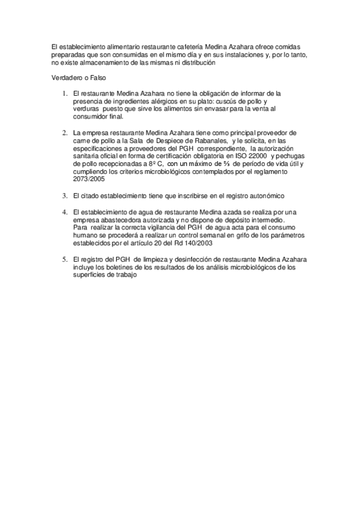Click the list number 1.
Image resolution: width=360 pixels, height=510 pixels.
click(x=65, y=94)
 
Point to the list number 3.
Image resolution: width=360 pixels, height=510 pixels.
click(x=65, y=195)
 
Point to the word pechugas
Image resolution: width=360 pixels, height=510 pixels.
click(x=289, y=156)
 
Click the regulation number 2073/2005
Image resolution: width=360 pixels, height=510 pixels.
click(x=87, y=179)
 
